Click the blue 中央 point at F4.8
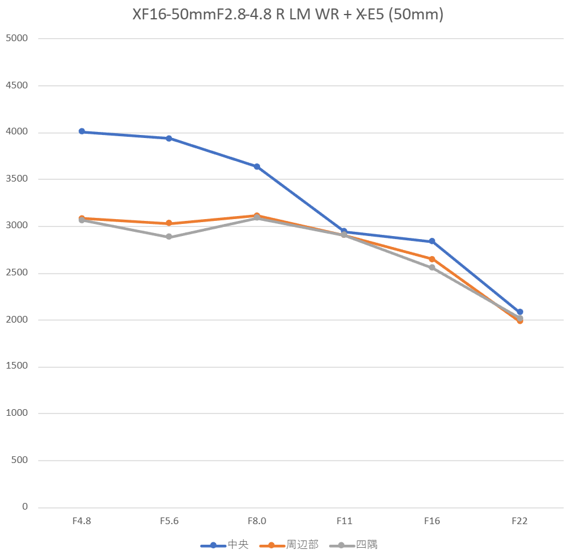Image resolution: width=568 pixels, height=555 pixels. coord(82,131)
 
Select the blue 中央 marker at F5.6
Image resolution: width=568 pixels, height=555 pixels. coord(169,138)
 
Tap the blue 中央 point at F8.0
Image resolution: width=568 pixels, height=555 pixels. coord(257,166)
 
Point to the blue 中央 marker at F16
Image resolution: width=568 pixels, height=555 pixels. coord(432,241)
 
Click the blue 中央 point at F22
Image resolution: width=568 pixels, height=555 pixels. coord(520,312)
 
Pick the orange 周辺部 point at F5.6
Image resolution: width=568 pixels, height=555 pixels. coord(169,223)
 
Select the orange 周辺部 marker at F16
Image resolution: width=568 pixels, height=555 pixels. coord(432,259)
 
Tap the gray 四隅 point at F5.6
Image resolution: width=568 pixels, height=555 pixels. coord(169,237)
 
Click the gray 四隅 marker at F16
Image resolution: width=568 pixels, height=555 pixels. coord(432,268)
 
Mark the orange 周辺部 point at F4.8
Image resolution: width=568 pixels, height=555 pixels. coord(82,218)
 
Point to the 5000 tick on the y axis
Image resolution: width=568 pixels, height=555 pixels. coord(17,38)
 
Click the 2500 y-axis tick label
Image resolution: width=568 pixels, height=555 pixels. coord(17,273)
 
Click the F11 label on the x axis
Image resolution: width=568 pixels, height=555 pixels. coord(344,521)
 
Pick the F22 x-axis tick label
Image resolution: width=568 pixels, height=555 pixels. coord(520,521)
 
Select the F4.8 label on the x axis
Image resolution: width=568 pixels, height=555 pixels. coord(82,521)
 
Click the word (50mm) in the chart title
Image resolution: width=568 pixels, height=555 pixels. coord(416,15)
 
